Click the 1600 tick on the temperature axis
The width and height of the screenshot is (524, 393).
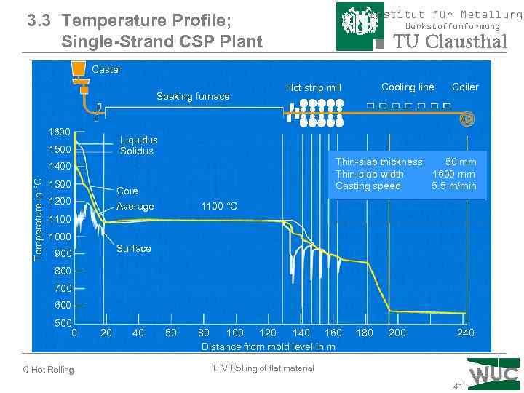59,132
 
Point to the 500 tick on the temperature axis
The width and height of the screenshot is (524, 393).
62,323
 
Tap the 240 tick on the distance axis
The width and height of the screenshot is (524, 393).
464,333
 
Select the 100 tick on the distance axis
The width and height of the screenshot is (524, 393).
235,333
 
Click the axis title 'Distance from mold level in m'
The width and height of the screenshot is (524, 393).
268,346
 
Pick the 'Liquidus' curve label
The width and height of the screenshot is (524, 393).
138,140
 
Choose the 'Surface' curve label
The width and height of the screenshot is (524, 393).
134,248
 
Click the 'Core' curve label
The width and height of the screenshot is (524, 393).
127,191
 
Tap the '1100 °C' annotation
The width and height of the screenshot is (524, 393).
219,207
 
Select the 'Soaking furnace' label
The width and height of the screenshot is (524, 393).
193,96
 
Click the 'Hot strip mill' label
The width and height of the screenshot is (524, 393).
313,87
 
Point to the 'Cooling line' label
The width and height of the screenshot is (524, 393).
408,87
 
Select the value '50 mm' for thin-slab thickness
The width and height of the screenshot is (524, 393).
461,162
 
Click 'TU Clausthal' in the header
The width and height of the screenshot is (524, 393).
450,41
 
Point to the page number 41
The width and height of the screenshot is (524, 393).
457,386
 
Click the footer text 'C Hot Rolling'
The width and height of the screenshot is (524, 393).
49,370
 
